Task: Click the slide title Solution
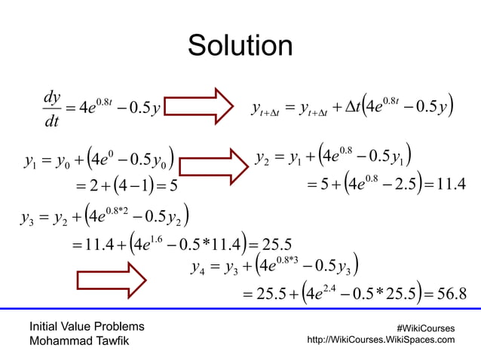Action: pyautogui.click(x=240, y=47)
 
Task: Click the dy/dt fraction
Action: pyautogui.click(x=53, y=109)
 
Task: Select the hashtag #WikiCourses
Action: pyautogui.click(x=426, y=328)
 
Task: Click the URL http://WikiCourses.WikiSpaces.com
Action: pyautogui.click(x=382, y=340)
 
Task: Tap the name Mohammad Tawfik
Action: pyautogui.click(x=70, y=341)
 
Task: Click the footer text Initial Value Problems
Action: pyautogui.click(x=87, y=327)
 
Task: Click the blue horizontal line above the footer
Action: pyautogui.click(x=240, y=309)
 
